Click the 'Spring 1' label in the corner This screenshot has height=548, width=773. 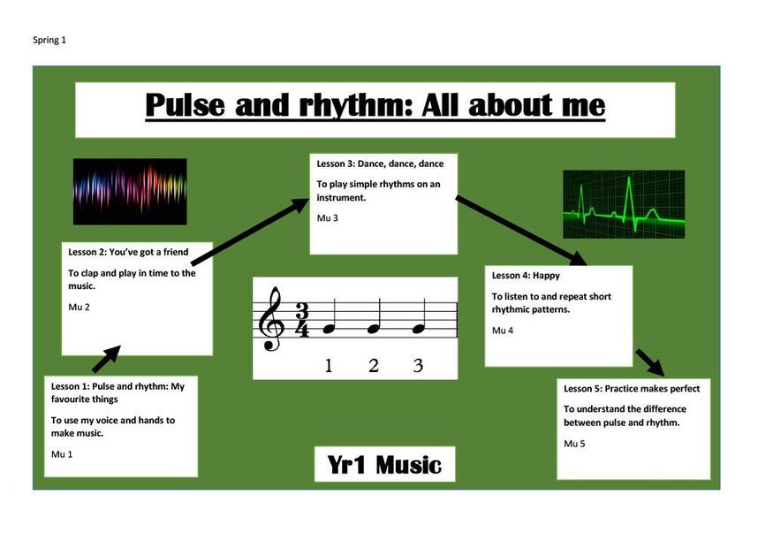[x=49, y=40]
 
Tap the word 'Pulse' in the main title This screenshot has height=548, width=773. [x=185, y=105]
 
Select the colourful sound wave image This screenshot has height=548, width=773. [x=130, y=192]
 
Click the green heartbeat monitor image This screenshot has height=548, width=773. [x=624, y=204]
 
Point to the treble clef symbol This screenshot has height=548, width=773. [x=271, y=319]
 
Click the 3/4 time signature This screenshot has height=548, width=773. [x=302, y=321]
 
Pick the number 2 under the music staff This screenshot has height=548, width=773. [x=374, y=366]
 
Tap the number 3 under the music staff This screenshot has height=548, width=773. [x=418, y=366]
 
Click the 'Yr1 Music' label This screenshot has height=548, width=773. [x=384, y=465]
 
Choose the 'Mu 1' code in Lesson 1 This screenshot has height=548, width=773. [x=62, y=454]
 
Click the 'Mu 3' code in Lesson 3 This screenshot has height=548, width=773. [x=328, y=218]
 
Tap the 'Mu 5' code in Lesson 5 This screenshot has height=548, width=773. [x=574, y=444]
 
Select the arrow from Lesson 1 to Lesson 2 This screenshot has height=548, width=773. [x=107, y=359]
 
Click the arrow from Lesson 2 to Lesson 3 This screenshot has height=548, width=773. [x=250, y=231]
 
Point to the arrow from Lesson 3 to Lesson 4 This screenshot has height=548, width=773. [x=521, y=231]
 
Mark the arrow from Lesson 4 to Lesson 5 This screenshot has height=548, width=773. [x=650, y=362]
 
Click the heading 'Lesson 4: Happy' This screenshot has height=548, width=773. [x=526, y=276]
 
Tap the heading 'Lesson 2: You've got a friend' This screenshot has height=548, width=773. [x=128, y=252]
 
